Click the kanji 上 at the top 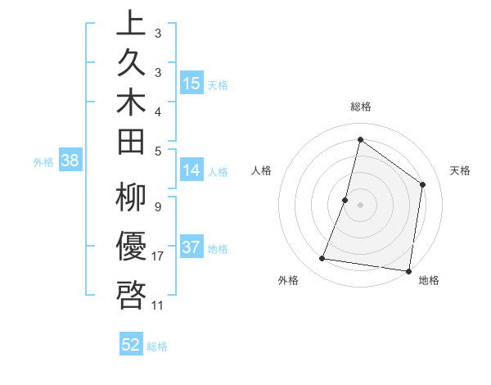(x=131, y=25)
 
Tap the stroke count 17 (x=158, y=256)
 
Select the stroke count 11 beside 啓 (x=158, y=306)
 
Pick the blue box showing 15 (x=191, y=84)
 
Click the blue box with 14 (x=191, y=170)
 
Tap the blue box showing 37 (x=191, y=247)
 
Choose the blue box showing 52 (x=131, y=345)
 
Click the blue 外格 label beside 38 (x=43, y=161)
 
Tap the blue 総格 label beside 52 (x=157, y=346)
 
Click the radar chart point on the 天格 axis (x=423, y=184)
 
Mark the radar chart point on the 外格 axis (x=322, y=259)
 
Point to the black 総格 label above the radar (x=361, y=106)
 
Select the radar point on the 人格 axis (x=345, y=200)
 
